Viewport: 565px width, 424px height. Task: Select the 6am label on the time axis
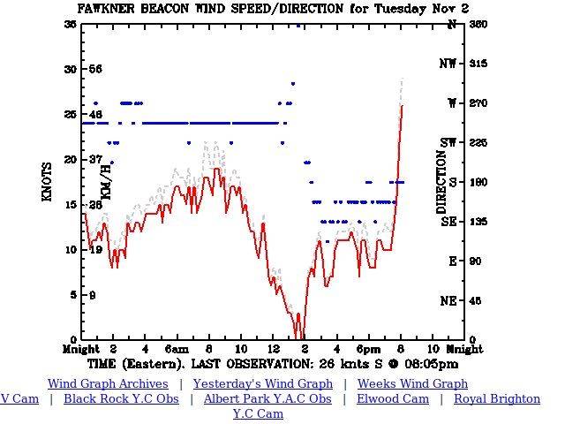click(x=177, y=350)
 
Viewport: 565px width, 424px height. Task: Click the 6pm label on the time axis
click(x=369, y=350)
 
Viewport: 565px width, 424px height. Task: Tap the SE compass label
click(x=450, y=222)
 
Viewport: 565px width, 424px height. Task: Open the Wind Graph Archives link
click(x=108, y=384)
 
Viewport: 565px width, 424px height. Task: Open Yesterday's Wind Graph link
click(x=263, y=384)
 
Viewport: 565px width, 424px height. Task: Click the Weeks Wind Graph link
click(x=412, y=384)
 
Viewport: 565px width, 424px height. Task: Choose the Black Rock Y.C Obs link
click(x=121, y=399)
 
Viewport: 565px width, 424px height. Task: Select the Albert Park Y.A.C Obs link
click(x=267, y=399)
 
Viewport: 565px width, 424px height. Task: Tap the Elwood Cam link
click(x=393, y=399)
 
